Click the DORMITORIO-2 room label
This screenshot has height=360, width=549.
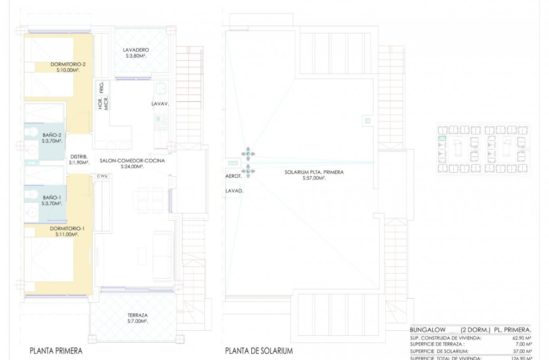68,64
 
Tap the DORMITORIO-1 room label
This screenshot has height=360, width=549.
67,229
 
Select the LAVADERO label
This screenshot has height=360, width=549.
136,50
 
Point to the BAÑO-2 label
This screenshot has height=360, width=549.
52,135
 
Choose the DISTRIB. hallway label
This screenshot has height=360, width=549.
79,157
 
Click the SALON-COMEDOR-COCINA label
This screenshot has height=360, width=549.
132,161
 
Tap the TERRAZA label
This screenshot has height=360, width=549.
138,315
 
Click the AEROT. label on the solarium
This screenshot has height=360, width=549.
234,176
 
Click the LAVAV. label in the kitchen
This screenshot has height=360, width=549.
160,105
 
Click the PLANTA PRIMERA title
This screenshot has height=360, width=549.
56,351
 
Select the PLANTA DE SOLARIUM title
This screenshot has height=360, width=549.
259,351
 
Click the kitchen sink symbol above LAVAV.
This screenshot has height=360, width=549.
160,89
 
